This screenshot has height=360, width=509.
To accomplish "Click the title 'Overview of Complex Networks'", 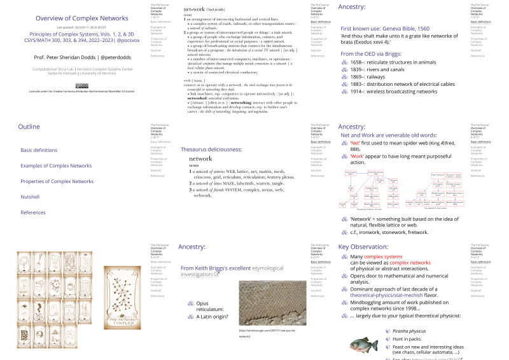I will (73, 18).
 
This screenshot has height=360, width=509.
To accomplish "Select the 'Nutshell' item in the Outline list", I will (29, 197).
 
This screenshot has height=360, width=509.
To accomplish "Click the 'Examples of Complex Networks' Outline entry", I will (56, 165).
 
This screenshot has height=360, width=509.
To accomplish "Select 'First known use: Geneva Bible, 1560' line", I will (384, 29).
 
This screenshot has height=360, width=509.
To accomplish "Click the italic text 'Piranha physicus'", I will (409, 330).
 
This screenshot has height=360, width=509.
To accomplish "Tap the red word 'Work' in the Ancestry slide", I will (358, 155).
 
